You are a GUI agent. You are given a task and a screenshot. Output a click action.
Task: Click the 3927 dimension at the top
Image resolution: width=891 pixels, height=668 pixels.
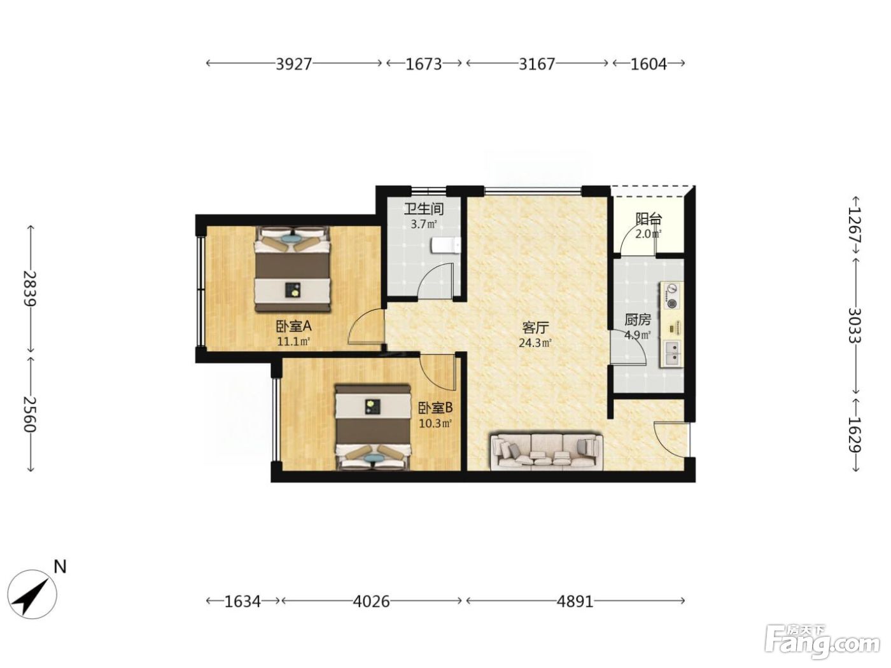[x=293, y=64]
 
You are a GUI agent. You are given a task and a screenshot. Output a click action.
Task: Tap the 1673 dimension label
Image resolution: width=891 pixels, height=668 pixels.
[x=423, y=64]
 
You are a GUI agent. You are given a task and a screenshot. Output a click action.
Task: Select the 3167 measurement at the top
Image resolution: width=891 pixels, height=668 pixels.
[x=537, y=64]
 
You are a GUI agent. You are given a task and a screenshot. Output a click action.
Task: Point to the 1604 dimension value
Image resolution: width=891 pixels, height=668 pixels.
[x=649, y=64]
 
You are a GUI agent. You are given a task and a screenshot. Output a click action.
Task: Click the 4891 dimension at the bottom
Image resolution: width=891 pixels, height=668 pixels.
[x=575, y=601]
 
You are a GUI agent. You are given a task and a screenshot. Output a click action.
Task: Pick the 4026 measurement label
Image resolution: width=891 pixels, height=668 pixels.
[x=371, y=601]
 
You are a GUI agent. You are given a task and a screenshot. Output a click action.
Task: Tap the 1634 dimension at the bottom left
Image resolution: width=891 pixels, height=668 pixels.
[x=242, y=601]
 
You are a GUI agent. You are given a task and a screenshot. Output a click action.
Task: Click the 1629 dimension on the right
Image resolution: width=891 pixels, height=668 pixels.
[x=855, y=435]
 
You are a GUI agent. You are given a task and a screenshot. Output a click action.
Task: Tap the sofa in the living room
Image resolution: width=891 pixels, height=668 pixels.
[x=546, y=452]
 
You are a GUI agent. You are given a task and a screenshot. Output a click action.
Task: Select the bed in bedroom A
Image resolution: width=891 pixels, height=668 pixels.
[x=292, y=269]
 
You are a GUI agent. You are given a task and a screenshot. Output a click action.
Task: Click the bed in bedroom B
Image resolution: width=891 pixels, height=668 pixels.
[x=373, y=428]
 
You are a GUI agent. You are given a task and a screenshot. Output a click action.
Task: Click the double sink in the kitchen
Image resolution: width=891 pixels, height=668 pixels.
[x=672, y=353]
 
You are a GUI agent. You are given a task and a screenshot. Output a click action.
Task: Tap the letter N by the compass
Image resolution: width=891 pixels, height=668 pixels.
[x=60, y=566]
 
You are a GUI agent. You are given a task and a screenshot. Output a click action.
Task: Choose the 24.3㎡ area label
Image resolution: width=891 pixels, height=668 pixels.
[x=535, y=343]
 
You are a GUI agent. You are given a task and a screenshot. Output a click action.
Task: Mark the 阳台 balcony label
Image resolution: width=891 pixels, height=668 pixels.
[x=649, y=219]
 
